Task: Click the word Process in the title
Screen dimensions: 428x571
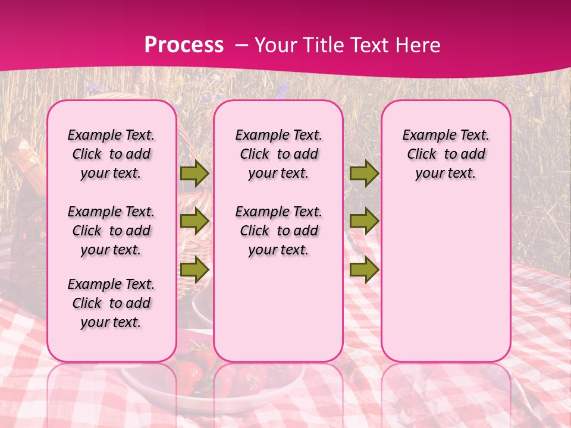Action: [184, 45]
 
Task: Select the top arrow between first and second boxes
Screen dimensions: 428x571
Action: [194, 173]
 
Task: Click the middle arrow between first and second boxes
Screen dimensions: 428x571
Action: [194, 221]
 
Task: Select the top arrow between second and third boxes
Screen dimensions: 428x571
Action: [364, 173]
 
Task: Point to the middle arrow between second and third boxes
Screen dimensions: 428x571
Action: [364, 221]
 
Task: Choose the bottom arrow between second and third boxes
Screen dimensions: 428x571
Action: [364, 269]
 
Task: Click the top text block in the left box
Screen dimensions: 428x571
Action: [111, 154]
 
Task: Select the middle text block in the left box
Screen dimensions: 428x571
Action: [111, 231]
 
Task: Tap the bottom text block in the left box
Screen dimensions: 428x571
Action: [111, 303]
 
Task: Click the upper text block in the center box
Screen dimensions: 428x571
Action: [279, 154]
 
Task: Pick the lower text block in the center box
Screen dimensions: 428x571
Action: [279, 231]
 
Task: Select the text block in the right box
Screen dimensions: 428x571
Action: [446, 154]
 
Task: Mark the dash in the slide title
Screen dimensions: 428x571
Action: [241, 45]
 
